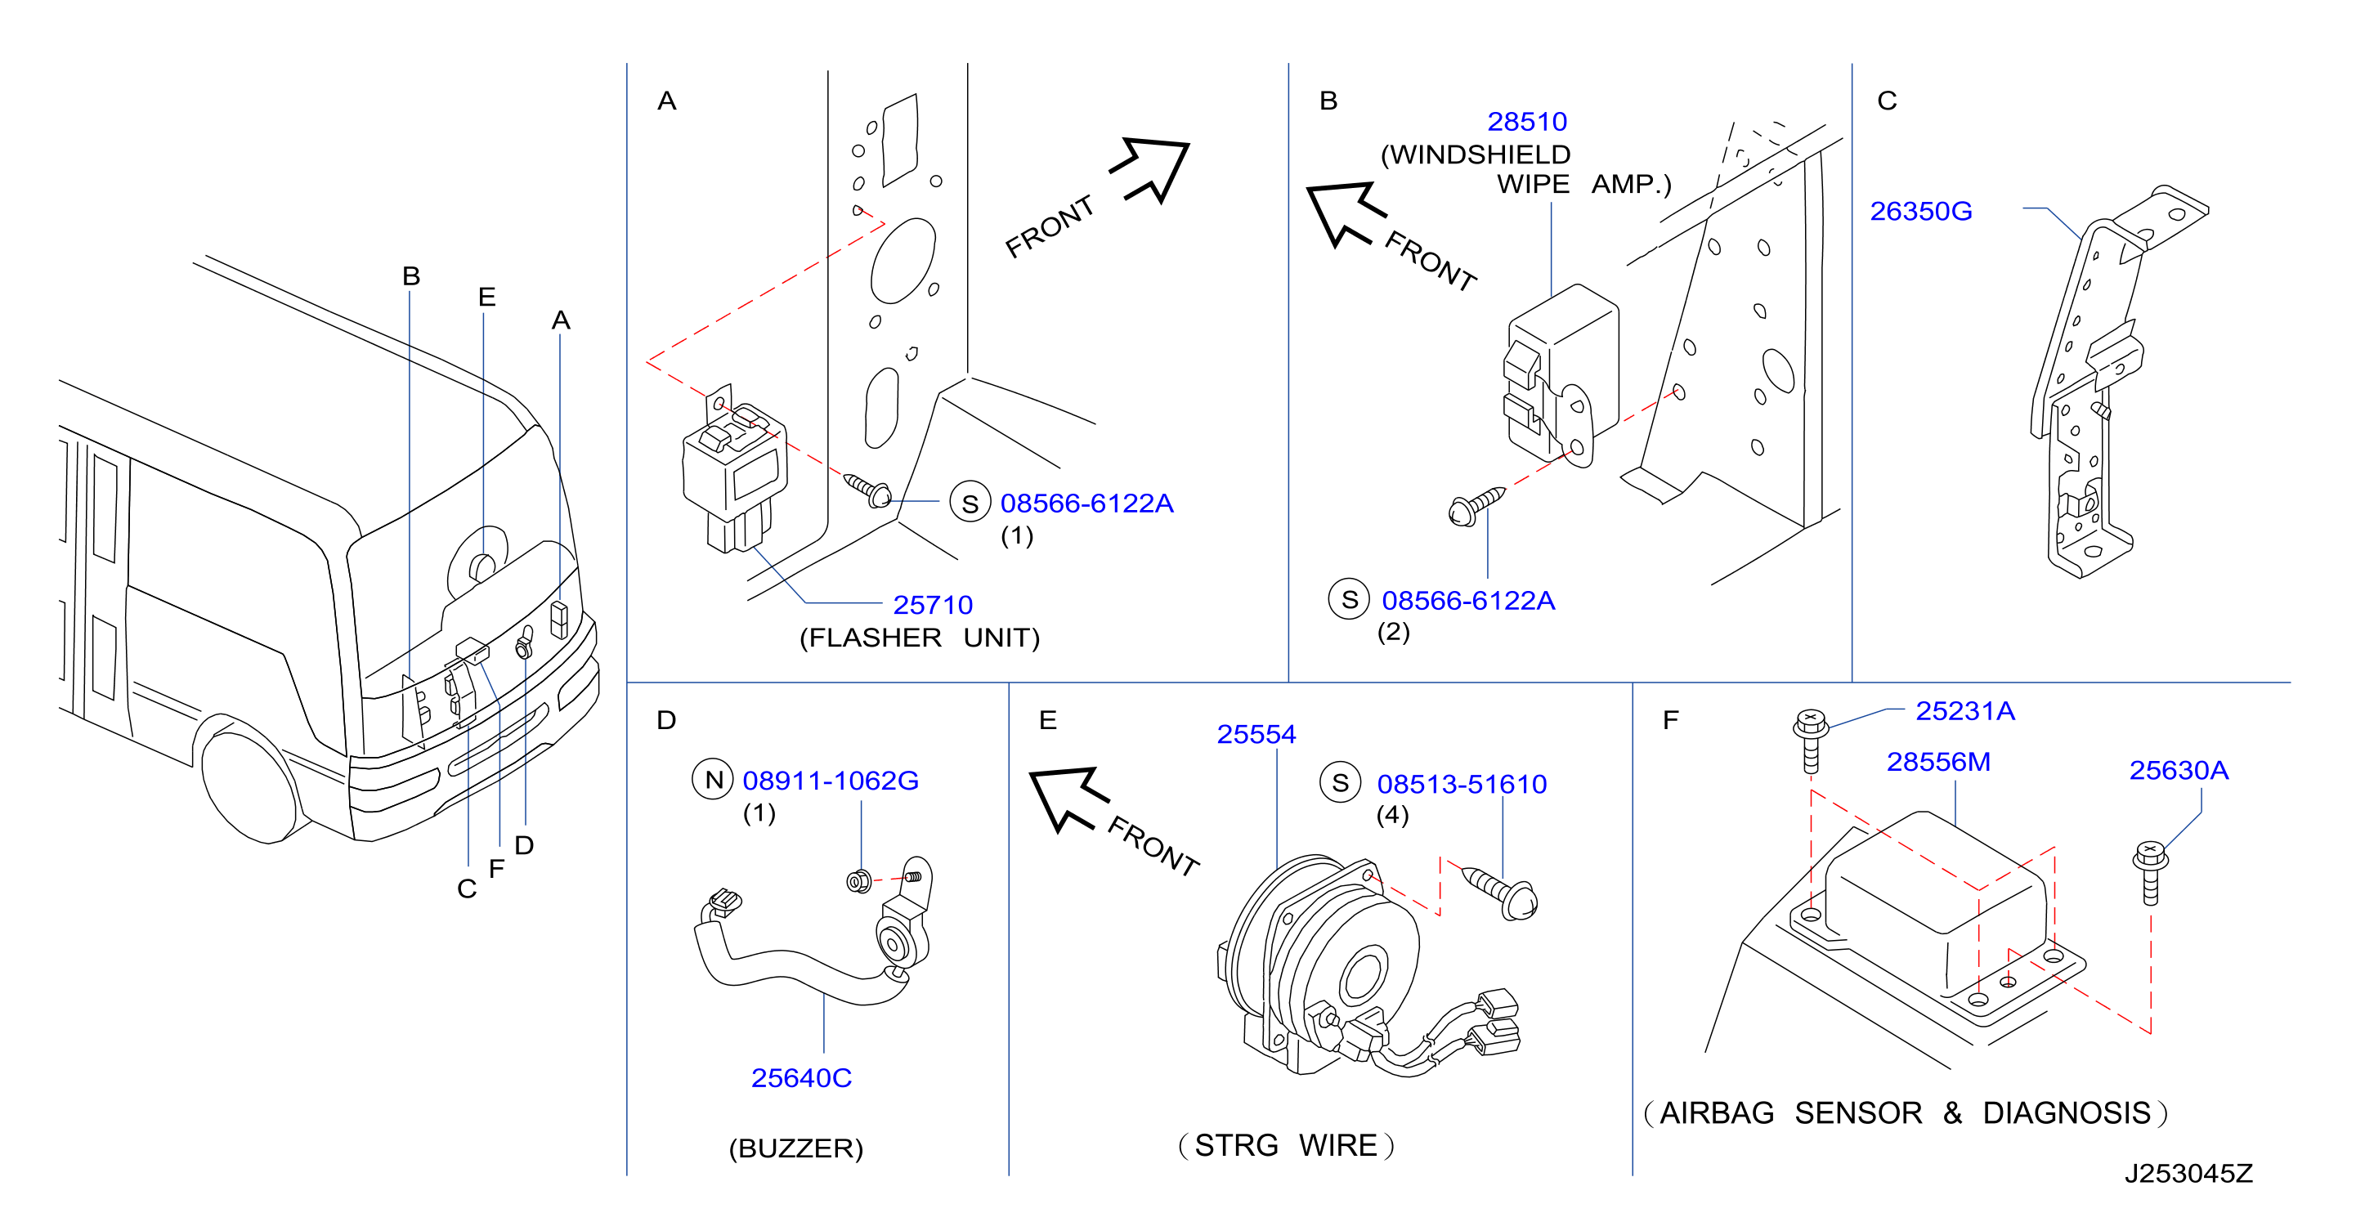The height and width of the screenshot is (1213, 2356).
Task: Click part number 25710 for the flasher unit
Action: point(932,605)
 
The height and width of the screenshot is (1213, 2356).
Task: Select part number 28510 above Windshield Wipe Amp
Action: point(1526,122)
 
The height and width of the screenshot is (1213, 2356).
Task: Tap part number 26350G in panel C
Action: point(1920,212)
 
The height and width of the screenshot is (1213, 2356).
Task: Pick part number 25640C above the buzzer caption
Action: point(801,1077)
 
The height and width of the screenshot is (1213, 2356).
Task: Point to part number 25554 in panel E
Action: point(1256,734)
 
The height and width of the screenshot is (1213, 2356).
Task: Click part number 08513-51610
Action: point(1462,784)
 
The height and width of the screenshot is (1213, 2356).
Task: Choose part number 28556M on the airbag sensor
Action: point(1938,762)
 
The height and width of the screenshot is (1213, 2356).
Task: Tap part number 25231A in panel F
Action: point(1964,711)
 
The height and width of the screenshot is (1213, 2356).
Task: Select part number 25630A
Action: point(2179,770)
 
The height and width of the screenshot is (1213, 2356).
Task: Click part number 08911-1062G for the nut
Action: point(831,781)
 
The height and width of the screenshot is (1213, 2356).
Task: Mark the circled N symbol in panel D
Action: point(713,780)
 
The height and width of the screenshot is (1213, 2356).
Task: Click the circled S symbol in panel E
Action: point(1340,782)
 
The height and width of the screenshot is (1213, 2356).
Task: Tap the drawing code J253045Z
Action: point(2188,1174)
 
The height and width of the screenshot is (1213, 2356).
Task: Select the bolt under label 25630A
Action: point(2149,873)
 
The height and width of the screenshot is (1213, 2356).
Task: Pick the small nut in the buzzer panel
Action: point(859,882)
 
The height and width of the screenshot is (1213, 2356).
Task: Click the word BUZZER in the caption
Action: point(795,1148)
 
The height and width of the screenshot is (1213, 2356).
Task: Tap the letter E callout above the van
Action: point(486,297)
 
